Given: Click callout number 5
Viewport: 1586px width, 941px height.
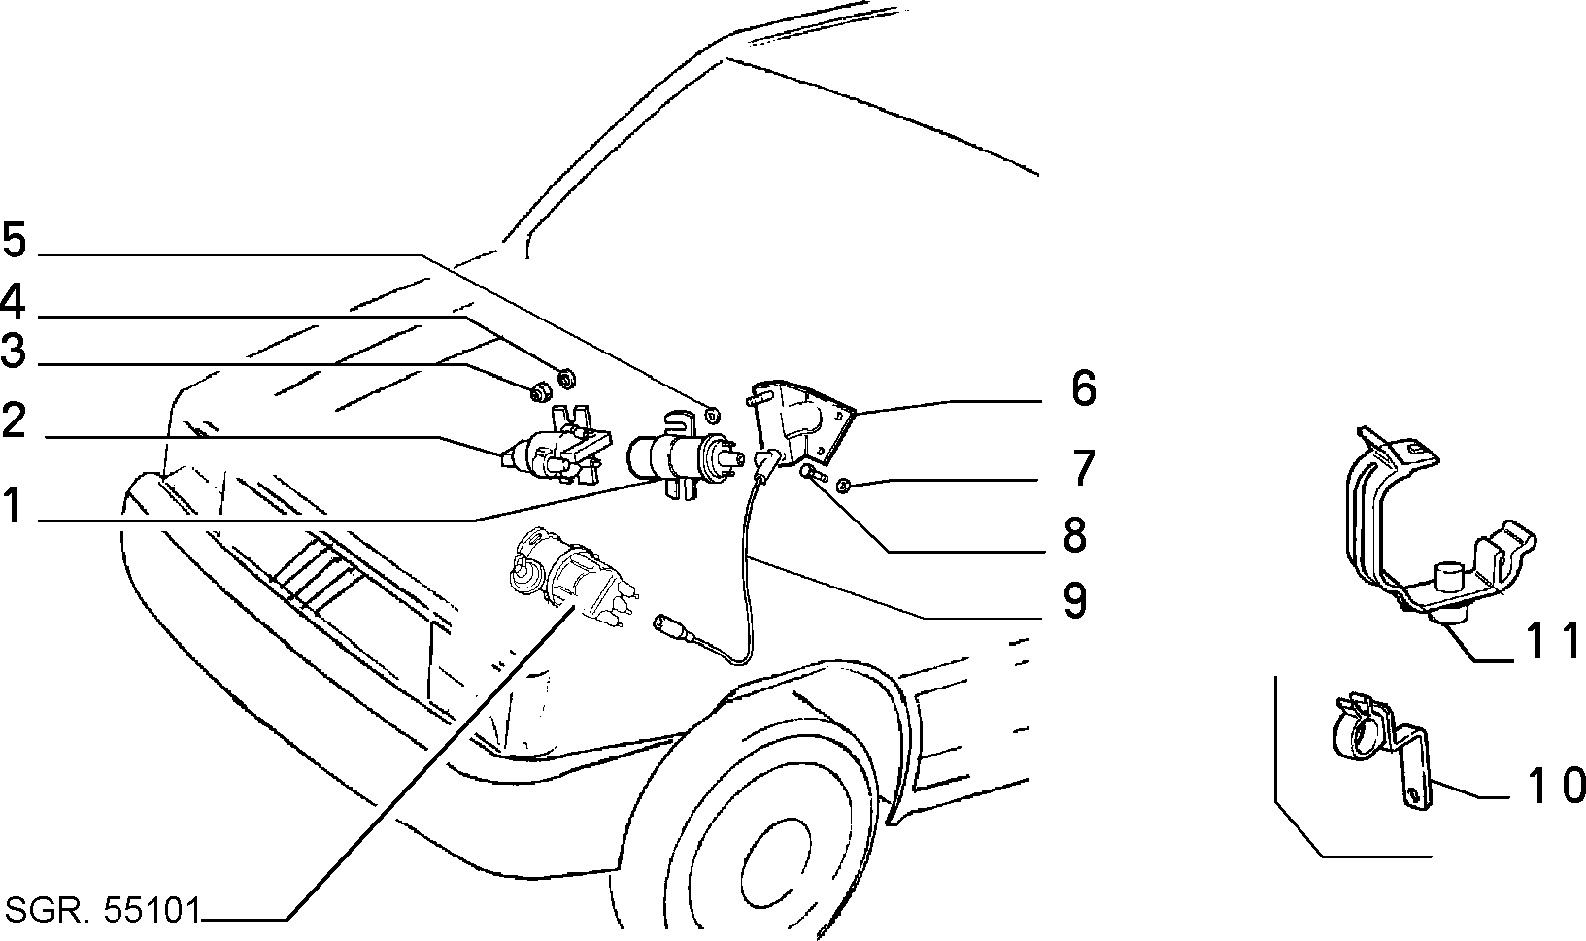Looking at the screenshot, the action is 15,239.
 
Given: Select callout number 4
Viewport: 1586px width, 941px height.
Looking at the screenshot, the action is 13,302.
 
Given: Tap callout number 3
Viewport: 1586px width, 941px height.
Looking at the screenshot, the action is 14,351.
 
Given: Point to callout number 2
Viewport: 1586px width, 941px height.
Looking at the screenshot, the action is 15,420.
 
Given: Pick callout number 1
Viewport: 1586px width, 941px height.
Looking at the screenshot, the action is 13,506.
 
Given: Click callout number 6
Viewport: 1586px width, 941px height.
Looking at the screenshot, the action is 1083,388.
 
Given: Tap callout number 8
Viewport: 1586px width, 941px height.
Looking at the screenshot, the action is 1075,535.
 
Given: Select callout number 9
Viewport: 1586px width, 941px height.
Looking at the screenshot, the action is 1075,601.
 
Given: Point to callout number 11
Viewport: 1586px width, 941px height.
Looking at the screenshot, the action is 1551,641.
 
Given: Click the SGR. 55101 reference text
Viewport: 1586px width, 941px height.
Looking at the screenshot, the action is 103,910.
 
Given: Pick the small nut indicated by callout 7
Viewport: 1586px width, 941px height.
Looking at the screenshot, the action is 843,486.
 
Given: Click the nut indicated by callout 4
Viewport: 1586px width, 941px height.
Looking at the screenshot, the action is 565,378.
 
